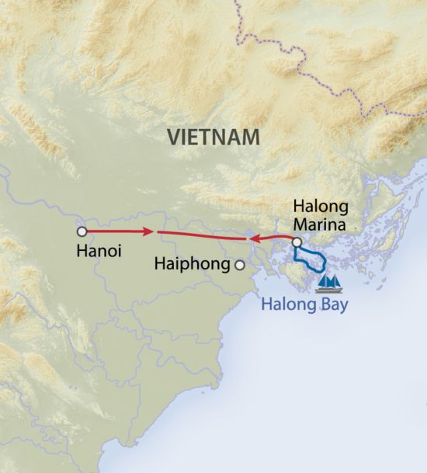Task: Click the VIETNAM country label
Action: (x=213, y=137)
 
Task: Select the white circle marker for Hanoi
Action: (x=81, y=231)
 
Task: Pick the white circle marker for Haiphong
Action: (x=240, y=266)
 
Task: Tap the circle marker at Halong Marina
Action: (x=297, y=242)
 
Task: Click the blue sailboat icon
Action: (x=331, y=282)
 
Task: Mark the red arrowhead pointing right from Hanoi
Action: (x=147, y=231)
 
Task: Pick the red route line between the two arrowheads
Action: (x=202, y=235)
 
